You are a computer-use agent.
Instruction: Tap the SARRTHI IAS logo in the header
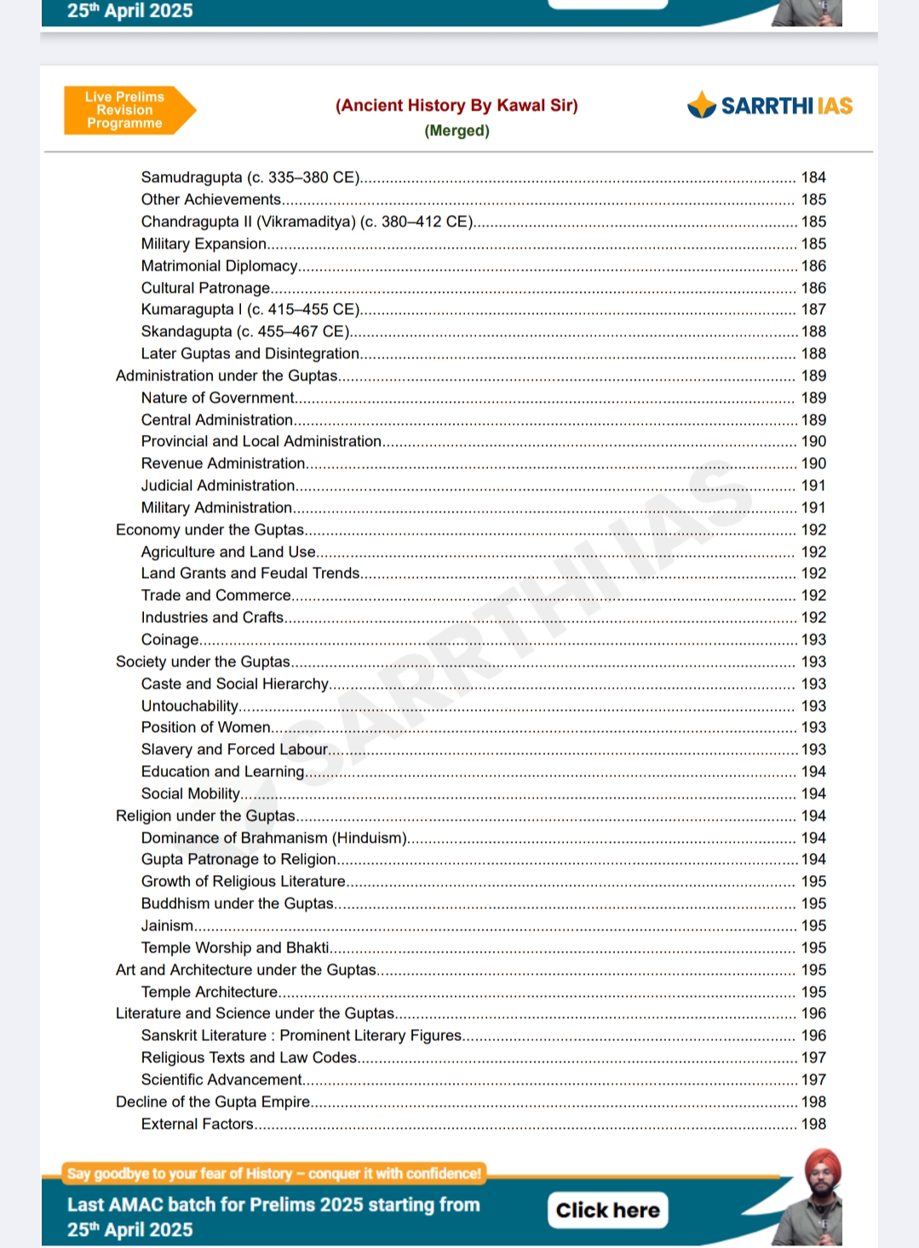[x=770, y=106]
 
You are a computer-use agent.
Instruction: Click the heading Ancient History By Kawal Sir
[x=457, y=106]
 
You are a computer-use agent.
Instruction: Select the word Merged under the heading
[x=457, y=130]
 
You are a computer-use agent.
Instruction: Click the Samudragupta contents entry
[x=250, y=177]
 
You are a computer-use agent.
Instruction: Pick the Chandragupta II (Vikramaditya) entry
[x=307, y=221]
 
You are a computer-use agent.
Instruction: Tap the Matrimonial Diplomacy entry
[x=219, y=266]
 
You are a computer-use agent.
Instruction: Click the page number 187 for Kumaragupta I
[x=813, y=309]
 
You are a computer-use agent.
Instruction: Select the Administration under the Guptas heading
[x=227, y=375]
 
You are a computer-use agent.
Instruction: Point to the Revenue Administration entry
[x=223, y=463]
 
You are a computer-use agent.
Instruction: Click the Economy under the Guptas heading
[x=210, y=530]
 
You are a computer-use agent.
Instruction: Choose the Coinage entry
[x=170, y=639]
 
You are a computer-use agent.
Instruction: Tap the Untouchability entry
[x=190, y=706]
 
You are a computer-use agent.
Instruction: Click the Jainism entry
[x=168, y=925]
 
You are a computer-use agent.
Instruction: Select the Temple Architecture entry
[x=210, y=992]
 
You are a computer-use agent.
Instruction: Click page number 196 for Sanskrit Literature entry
[x=813, y=1035]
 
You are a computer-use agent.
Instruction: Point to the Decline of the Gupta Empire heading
[x=213, y=1102]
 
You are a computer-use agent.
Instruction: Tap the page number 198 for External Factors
[x=813, y=1124]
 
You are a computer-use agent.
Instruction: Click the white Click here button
[x=607, y=1210]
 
